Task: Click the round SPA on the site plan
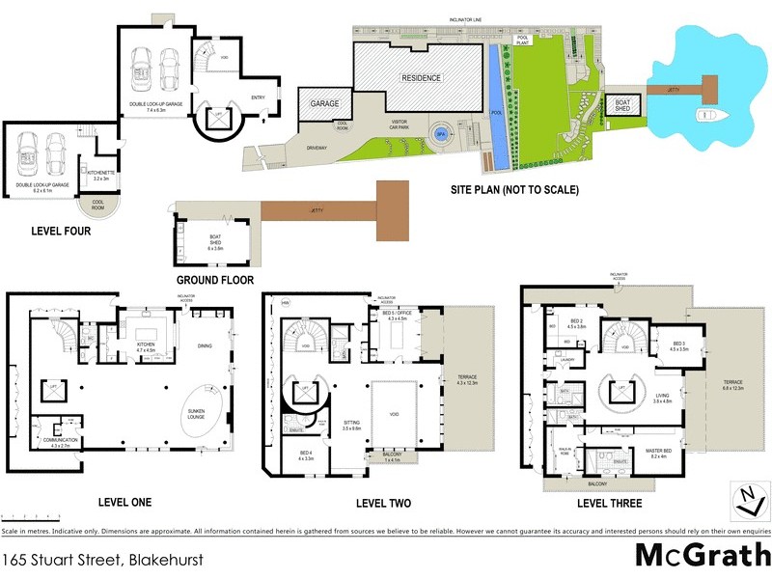point(441,135)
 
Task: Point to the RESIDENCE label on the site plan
point(421,78)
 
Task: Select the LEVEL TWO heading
point(383,504)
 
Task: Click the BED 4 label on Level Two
point(306,454)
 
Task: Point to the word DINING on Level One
point(206,345)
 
